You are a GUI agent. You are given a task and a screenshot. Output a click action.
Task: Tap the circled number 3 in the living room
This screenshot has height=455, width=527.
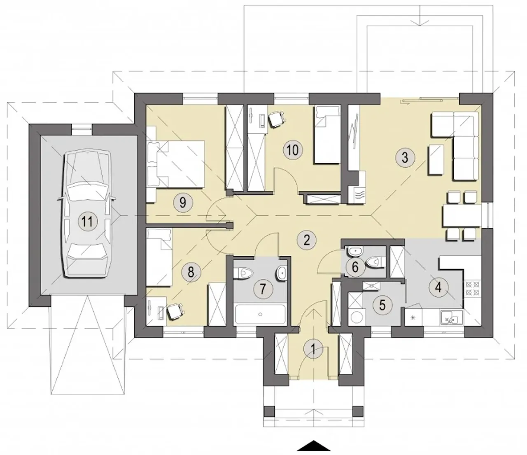point(405,157)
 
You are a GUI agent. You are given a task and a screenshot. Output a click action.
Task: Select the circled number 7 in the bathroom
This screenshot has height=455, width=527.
point(263,289)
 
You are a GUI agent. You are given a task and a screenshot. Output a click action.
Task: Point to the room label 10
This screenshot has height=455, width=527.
point(293,150)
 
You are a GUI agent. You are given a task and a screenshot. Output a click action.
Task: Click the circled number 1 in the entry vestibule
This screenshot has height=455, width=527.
point(313,350)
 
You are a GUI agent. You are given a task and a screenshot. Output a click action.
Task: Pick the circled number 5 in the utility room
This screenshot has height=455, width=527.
point(382,305)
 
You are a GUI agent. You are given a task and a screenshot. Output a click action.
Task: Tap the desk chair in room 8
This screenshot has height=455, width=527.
point(175,312)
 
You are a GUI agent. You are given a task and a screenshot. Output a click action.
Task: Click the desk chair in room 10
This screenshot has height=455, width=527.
point(277,119)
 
